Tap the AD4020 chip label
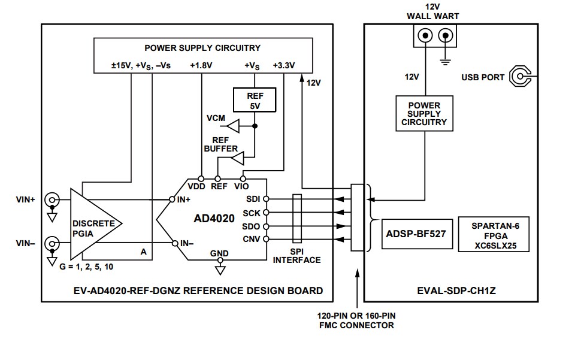[214, 219]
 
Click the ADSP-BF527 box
[415, 234]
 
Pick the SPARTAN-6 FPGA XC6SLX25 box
[494, 234]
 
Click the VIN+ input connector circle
[52, 199]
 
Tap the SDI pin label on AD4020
[253, 199]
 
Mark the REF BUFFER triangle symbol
[237, 158]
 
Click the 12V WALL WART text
[435, 11]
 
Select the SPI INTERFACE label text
[296, 256]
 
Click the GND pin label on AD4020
[219, 253]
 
